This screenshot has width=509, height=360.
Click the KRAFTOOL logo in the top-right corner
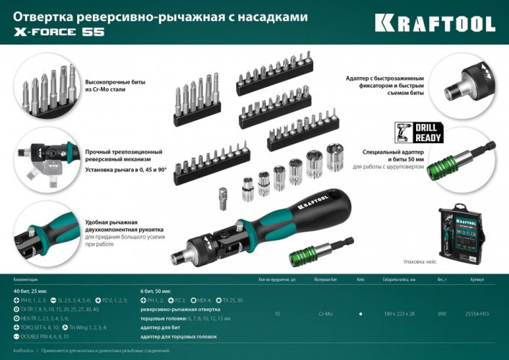pyautogui.click(x=435, y=23)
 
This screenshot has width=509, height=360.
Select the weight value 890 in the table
pyautogui.click(x=442, y=314)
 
